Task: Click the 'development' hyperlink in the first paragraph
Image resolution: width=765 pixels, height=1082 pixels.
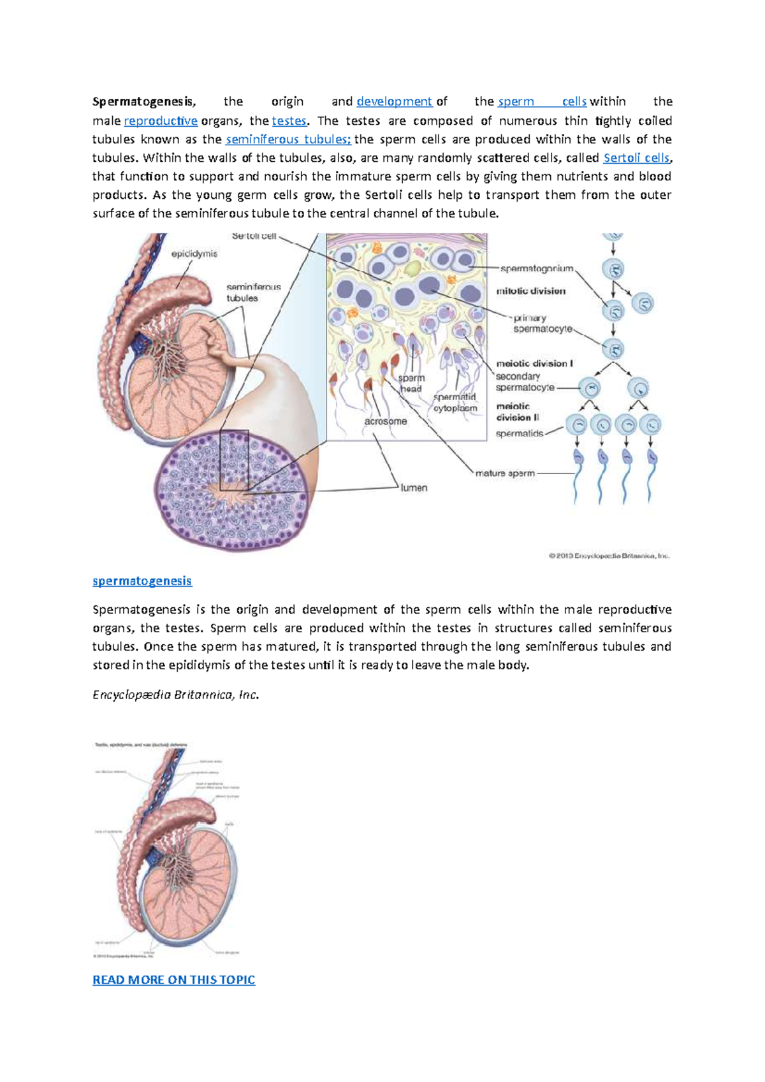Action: tap(394, 101)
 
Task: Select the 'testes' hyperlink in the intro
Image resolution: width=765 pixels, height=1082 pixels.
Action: tap(289, 120)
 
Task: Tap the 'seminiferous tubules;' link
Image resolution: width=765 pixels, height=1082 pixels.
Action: tap(288, 139)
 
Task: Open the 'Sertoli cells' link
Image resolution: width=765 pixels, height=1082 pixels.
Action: tap(636, 157)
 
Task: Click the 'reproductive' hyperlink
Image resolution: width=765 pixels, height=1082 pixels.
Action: tap(161, 120)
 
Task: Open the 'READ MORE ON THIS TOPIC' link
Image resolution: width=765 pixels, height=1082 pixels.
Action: tap(173, 979)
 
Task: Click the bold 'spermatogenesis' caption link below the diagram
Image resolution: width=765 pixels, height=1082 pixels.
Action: tap(142, 581)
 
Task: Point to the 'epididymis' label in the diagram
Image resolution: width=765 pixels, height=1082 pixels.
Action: tap(194, 254)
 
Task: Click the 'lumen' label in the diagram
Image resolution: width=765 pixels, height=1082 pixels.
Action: tap(414, 487)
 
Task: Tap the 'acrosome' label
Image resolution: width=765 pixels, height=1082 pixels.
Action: tap(386, 421)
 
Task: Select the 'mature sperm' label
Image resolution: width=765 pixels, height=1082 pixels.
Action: tap(505, 473)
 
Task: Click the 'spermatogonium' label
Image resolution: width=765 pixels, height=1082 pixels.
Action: tap(537, 268)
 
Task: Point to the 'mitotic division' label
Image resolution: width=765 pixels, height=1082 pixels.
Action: tap(531, 291)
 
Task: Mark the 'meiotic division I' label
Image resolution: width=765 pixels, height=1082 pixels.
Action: tap(534, 363)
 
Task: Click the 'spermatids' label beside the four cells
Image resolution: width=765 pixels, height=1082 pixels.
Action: tap(520, 433)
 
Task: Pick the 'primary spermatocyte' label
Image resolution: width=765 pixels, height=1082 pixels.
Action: tap(542, 323)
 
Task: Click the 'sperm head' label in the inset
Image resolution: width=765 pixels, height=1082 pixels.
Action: tap(411, 383)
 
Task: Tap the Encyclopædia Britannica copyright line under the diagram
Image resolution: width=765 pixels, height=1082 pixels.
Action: tap(609, 556)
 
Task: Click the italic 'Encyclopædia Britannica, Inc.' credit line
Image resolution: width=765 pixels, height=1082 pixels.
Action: tap(175, 695)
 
